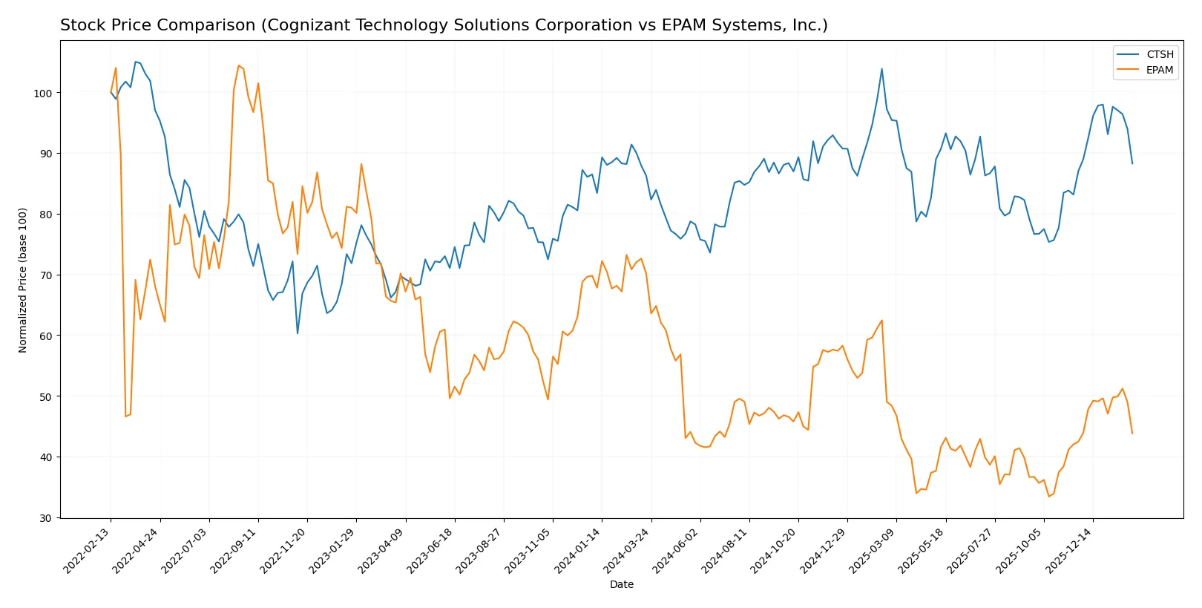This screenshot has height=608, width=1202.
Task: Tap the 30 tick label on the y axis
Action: [x=45, y=518]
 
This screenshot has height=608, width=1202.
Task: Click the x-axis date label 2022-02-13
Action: [x=88, y=551]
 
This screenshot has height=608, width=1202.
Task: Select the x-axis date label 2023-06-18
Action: [x=431, y=551]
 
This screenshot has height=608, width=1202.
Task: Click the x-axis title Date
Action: [x=621, y=585]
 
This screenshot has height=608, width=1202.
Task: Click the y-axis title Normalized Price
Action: [x=23, y=280]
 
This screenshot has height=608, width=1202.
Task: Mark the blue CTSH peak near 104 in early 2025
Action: [x=881, y=69]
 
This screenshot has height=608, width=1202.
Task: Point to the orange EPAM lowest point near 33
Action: [x=1048, y=497]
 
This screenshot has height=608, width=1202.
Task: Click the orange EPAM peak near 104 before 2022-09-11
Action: [x=238, y=65]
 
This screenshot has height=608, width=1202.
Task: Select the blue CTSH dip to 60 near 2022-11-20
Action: [x=298, y=333]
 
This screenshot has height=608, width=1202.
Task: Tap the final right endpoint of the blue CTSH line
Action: [x=1132, y=163]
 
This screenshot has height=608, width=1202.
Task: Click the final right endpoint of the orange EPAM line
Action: [x=1132, y=434]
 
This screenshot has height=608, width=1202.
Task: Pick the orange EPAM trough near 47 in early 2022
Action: [x=125, y=416]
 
